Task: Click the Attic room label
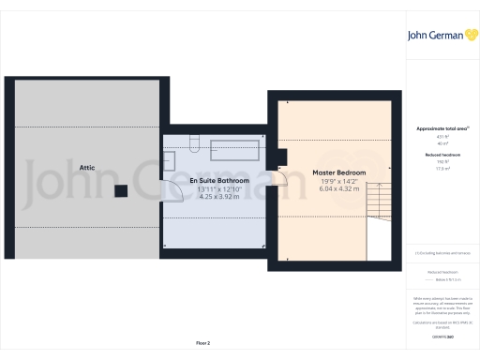(87, 166)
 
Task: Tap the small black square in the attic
(121, 191)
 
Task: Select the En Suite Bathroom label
(219, 180)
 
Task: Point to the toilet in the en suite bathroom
(193, 142)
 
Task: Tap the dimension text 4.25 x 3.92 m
(219, 197)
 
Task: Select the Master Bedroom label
(339, 172)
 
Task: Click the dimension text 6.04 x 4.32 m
(339, 189)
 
